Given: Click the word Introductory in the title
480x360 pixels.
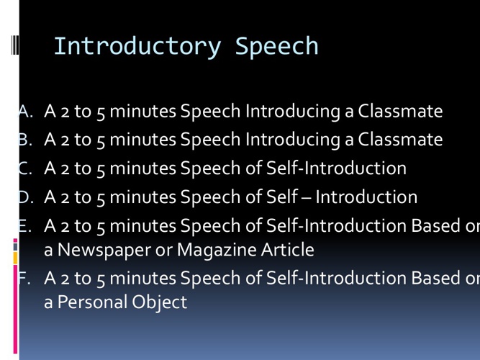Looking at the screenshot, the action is point(137,46).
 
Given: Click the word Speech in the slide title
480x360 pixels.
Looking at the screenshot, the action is point(277,46).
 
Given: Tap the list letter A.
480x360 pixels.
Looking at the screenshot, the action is point(25,111).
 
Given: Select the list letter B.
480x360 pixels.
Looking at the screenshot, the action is point(25,140).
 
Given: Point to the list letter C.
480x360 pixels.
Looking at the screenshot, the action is point(25,168).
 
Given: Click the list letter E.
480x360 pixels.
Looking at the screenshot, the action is point(24,225).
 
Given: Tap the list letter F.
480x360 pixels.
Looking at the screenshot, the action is point(24,278).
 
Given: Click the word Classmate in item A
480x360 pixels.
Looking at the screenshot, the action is point(400,111).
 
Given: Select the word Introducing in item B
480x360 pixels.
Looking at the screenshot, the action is point(293,140).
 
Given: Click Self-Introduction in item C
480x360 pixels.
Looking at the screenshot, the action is point(336,168).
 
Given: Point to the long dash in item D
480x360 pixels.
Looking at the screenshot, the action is point(307,197).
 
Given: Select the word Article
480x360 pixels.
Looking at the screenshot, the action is point(288,249).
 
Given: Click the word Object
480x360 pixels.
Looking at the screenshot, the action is point(160,302).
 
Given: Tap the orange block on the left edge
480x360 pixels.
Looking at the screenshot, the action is point(15,258).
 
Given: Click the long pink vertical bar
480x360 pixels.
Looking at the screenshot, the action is point(15,309).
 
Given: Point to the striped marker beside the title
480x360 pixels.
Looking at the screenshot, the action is point(15,45).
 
